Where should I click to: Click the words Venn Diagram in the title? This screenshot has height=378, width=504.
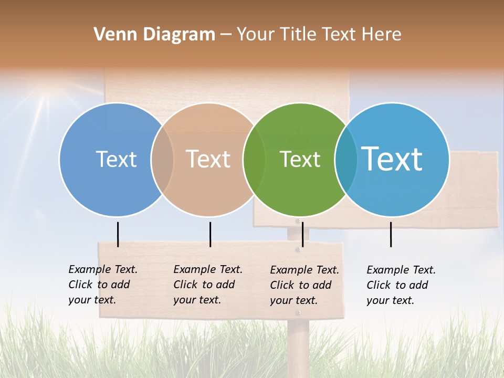(154, 35)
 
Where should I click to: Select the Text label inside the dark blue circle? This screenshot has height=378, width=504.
(116, 159)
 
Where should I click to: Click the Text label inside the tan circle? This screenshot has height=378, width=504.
(208, 159)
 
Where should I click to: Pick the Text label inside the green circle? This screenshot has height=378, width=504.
(300, 159)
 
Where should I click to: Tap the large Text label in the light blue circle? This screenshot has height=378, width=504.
(392, 159)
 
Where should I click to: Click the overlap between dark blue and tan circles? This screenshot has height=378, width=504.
(162, 160)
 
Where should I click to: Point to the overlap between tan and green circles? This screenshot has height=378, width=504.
(254, 160)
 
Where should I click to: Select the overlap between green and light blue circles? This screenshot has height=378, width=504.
(346, 160)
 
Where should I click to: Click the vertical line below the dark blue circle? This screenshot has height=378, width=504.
(118, 234)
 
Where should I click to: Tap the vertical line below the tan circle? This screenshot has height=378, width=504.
(210, 234)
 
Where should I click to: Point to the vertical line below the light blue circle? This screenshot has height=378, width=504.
(391, 234)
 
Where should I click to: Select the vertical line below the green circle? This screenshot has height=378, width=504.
(302, 234)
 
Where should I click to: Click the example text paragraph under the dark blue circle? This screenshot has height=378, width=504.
(103, 285)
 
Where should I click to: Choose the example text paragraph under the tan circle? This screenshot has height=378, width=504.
(208, 285)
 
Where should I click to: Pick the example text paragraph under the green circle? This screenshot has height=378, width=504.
(304, 285)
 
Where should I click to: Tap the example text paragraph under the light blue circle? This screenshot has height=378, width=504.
(401, 285)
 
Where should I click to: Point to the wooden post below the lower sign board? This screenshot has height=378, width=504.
(298, 346)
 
